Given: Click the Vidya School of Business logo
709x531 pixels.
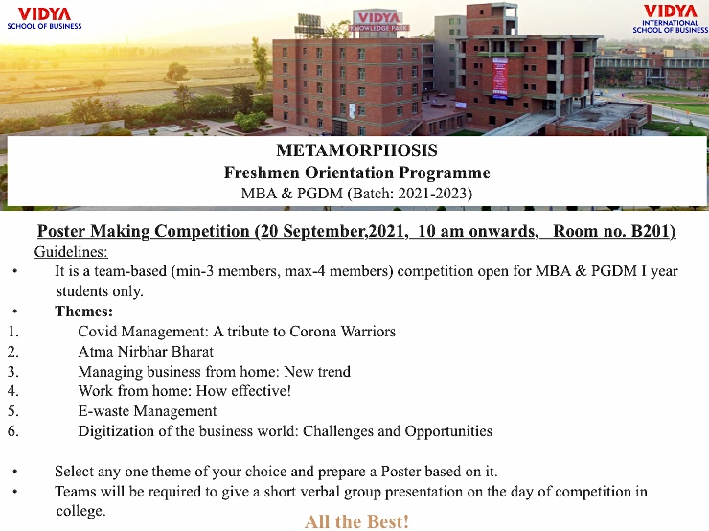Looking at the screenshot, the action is tap(44, 18).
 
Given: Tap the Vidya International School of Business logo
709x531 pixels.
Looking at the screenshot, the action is tap(670, 19).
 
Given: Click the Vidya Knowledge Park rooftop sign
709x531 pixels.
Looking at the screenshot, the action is tap(378, 21).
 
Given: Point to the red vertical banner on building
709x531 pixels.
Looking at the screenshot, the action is tap(499, 78).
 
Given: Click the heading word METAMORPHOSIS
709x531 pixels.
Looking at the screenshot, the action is tap(356, 150).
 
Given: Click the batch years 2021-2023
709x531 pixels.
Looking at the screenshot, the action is tap(432, 193).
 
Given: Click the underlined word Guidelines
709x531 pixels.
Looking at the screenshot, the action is tap(71, 251).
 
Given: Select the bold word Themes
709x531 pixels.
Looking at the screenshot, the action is tap(83, 312).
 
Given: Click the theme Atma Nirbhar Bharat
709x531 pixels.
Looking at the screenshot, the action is tap(146, 352).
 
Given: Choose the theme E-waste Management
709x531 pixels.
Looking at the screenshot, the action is tap(148, 410).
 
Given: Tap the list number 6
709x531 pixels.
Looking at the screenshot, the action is tap(13, 430).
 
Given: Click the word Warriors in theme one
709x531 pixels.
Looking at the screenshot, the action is tap(368, 332).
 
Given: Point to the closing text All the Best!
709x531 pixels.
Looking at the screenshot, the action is tap(356, 521).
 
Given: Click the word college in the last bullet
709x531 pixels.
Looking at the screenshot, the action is tap(80, 511).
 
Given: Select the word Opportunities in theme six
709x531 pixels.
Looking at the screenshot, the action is tap(448, 431).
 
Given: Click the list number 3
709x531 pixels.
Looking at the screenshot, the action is tap(13, 371).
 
